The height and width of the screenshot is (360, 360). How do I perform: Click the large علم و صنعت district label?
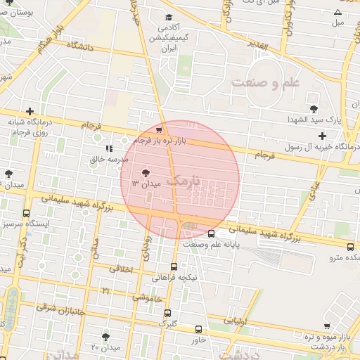click(266, 82)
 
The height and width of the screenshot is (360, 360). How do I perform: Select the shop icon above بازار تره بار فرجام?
click(160, 129)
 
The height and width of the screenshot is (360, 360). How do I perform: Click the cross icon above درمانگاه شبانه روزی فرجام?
click(29, 111)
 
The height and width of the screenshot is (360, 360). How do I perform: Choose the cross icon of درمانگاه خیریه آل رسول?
click(322, 135)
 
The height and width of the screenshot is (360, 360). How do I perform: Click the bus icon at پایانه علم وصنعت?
click(212, 234)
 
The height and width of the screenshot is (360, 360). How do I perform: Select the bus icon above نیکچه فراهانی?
click(174, 266)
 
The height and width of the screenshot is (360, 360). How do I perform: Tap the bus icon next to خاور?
click(199, 329)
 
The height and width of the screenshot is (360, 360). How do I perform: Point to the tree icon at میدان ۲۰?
click(105, 337)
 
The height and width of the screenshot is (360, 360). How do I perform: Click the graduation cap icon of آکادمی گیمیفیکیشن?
click(167, 18)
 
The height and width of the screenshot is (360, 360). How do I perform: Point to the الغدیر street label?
click(258, 45)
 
